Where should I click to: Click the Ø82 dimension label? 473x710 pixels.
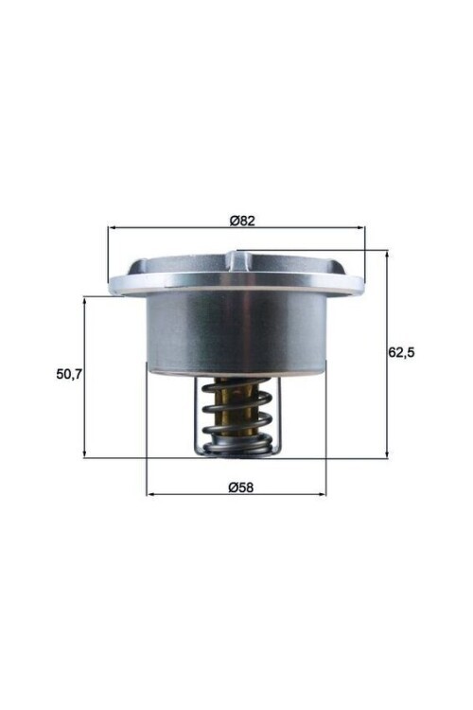coord(243,221)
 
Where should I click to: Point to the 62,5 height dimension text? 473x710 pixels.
coord(402,351)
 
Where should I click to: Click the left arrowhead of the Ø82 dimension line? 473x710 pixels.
coord(113,228)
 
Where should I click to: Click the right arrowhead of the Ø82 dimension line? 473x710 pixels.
coord(360,228)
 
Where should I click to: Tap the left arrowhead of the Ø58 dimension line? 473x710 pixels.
coord(150,494)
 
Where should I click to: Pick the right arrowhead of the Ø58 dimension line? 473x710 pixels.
coord(322,494)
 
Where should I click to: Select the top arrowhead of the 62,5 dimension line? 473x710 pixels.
coord(387,255)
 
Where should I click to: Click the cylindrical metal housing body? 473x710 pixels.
coord(236,331)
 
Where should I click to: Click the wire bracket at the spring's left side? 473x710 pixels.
coord(202,417)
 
